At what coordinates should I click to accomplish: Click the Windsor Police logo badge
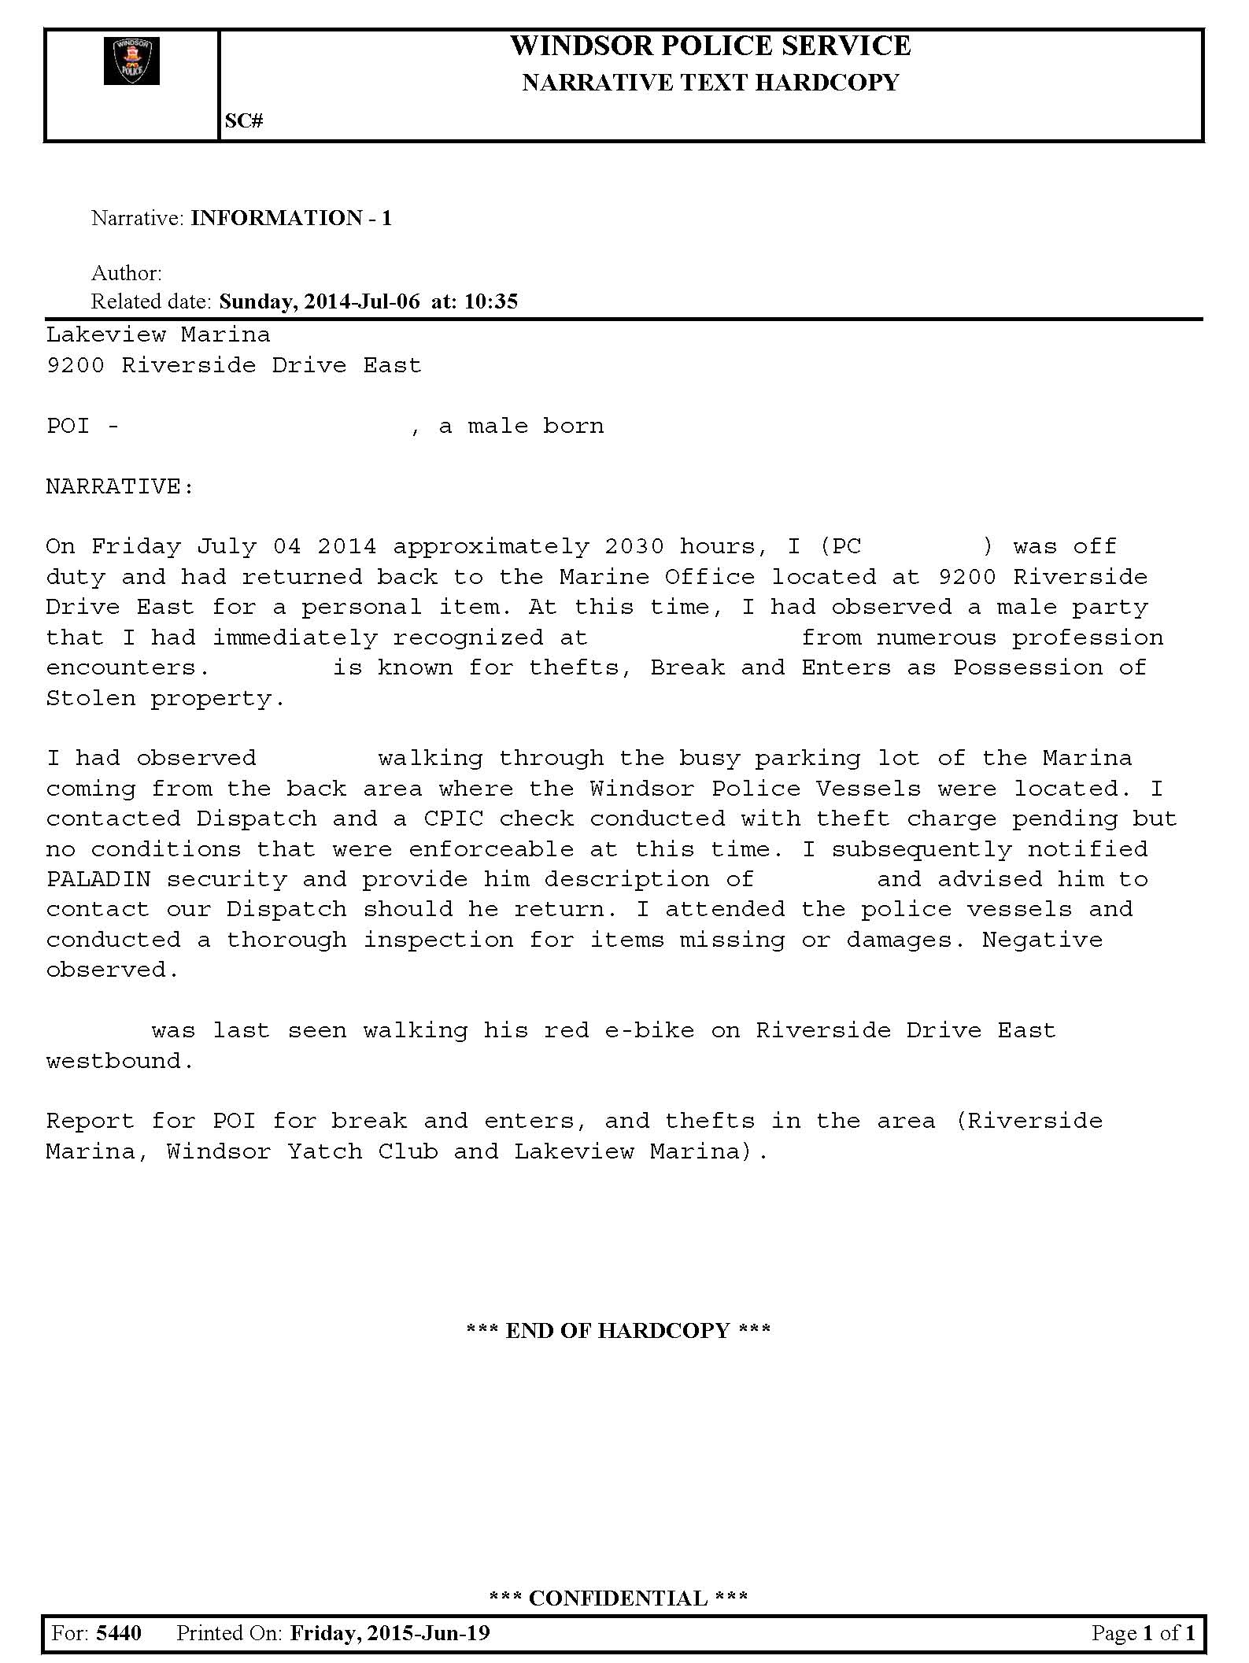pyautogui.click(x=131, y=61)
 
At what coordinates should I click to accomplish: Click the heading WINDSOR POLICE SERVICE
pyautogui.click(x=710, y=46)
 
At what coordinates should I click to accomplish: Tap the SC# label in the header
pyautogui.click(x=244, y=120)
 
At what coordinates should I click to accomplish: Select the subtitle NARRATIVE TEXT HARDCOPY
pyautogui.click(x=710, y=83)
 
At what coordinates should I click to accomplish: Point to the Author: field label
pyautogui.click(x=127, y=273)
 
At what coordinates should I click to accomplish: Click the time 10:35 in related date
pyautogui.click(x=491, y=301)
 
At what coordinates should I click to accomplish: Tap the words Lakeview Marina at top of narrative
pyautogui.click(x=158, y=334)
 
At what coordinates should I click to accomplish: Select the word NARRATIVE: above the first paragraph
pyautogui.click(x=120, y=486)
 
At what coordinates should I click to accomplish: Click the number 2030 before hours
pyautogui.click(x=634, y=546)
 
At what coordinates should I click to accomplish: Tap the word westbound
pyautogui.click(x=120, y=1061)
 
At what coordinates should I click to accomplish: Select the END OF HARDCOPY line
pyautogui.click(x=619, y=1331)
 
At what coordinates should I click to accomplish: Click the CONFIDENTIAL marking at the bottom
pyautogui.click(x=619, y=1598)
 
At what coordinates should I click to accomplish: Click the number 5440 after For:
pyautogui.click(x=119, y=1633)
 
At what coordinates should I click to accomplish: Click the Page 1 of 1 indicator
pyautogui.click(x=1143, y=1633)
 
